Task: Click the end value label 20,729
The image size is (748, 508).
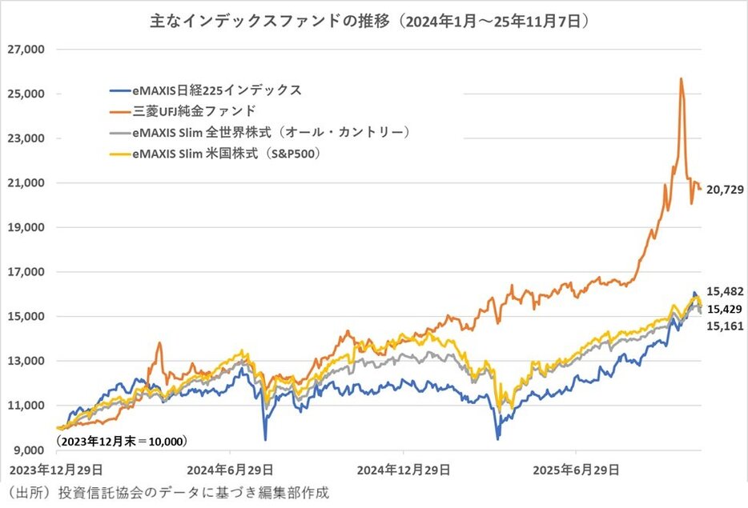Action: pyautogui.click(x=723, y=190)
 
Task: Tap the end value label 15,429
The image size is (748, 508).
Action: pyautogui.click(x=723, y=310)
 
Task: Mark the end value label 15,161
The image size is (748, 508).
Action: pyautogui.click(x=723, y=327)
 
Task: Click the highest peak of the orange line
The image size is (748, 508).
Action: pyautogui.click(x=681, y=78)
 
